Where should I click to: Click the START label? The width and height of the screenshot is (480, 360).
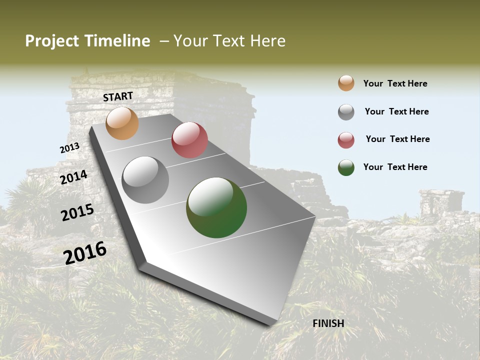pyautogui.click(x=118, y=96)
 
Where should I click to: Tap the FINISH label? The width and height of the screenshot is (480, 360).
pyautogui.click(x=328, y=323)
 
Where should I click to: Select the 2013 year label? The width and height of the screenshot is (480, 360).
pyautogui.click(x=69, y=148)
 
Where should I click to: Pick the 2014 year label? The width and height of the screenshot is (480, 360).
pyautogui.click(x=74, y=177)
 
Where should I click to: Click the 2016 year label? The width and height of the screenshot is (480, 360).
pyautogui.click(x=85, y=253)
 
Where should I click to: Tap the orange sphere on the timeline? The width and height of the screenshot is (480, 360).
pyautogui.click(x=122, y=123)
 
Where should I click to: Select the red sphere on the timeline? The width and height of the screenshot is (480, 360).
pyautogui.click(x=189, y=140)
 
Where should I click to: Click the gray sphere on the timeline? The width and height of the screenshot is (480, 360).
pyautogui.click(x=145, y=180)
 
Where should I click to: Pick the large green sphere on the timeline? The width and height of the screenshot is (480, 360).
pyautogui.click(x=216, y=207)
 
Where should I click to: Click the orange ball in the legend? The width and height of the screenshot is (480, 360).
pyautogui.click(x=346, y=83)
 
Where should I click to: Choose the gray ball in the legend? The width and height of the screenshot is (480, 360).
pyautogui.click(x=346, y=112)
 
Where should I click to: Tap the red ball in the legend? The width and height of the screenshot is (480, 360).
pyautogui.click(x=346, y=140)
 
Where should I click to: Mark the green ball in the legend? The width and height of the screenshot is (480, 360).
pyautogui.click(x=346, y=167)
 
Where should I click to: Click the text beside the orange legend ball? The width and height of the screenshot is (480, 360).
pyautogui.click(x=395, y=83)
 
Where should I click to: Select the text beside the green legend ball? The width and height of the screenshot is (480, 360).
pyautogui.click(x=395, y=167)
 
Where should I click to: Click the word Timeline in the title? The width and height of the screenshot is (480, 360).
pyautogui.click(x=117, y=41)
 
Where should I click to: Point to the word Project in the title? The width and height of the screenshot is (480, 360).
pyautogui.click(x=51, y=41)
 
